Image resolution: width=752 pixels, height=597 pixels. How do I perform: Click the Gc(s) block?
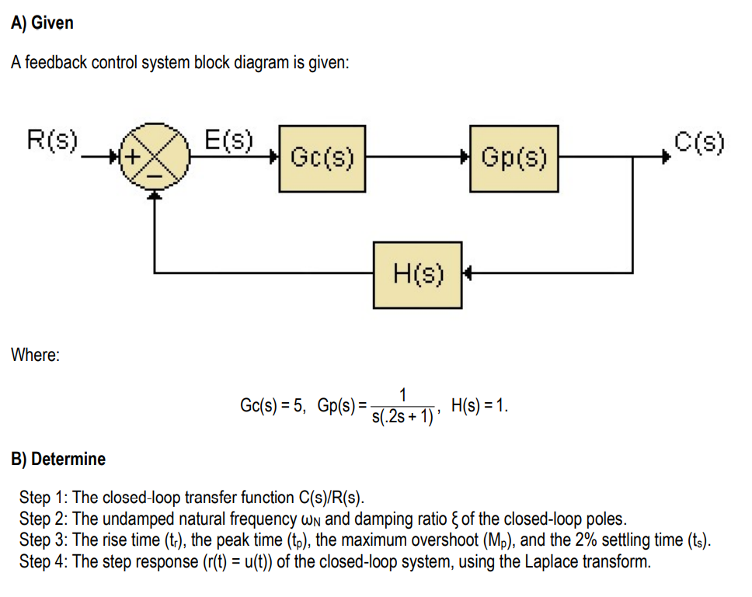pos(322,158)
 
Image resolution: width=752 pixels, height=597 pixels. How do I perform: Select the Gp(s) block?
pos(514,158)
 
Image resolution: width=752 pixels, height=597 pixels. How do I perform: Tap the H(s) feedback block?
pos(418,274)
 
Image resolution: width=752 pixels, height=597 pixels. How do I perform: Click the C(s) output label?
pos(698,142)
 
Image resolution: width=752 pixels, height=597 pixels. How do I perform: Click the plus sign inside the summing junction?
pos(134,158)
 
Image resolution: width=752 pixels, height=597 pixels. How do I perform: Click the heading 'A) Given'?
pos(42,23)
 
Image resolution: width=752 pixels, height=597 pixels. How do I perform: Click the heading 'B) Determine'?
pos(58,459)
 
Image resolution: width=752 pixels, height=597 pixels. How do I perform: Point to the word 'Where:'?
pos(35,355)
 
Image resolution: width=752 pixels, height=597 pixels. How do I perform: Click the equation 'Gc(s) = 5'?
pos(273,405)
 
